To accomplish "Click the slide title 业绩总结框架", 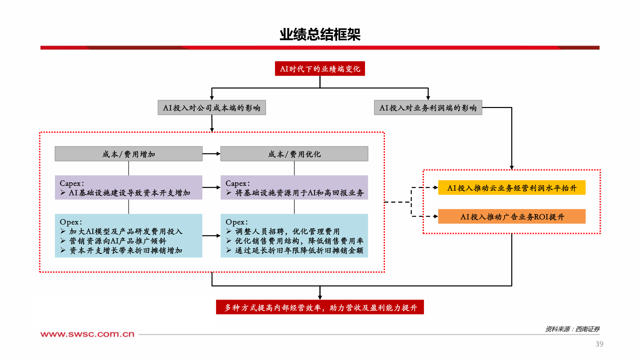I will click(320, 35).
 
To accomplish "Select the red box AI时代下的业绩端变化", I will click(320, 69).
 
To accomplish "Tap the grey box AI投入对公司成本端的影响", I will click(212, 108).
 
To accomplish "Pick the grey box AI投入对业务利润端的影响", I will click(428, 108).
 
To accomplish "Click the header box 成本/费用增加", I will click(128, 154).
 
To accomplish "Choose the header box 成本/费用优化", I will click(294, 154).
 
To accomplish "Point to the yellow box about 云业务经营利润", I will click(512, 188).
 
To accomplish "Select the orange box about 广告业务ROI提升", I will click(512, 217).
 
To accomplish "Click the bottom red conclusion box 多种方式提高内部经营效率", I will click(320, 307).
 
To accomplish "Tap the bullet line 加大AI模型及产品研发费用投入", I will click(126, 231).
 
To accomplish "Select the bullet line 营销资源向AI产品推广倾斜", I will click(117, 241).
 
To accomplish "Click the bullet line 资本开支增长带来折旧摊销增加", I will click(126, 250).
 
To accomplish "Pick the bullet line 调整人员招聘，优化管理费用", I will click(287, 231).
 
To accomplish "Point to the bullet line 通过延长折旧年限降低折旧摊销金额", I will click(299, 250).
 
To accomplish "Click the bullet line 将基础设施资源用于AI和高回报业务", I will click(299, 193).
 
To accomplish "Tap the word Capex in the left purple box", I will click(70, 183).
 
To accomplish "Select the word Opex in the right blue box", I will click(235, 222).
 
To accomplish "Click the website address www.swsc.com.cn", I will click(87, 334).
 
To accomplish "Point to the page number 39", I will click(599, 344).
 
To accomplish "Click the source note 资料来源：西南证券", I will click(572, 329).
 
